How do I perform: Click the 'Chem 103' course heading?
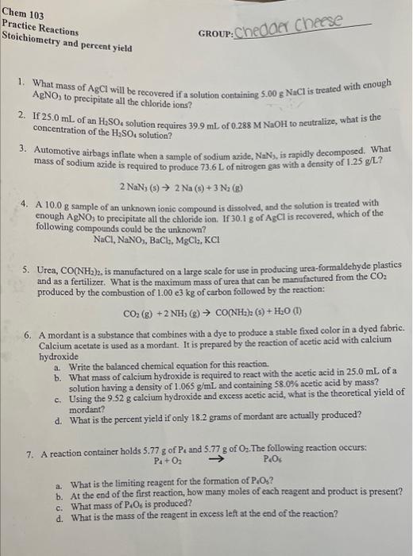tap(24, 15)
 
